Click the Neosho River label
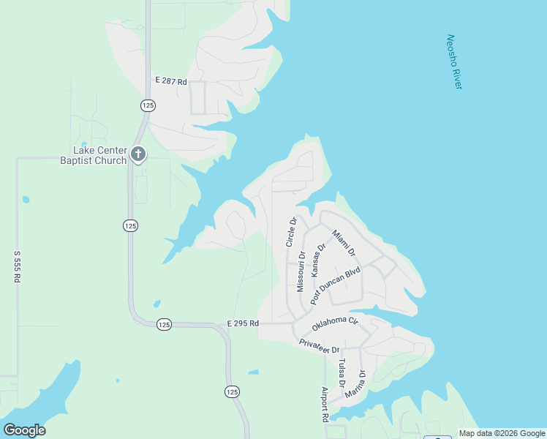pyautogui.click(x=454, y=62)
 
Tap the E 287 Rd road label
pyautogui.click(x=171, y=79)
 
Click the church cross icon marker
pyautogui.click(x=138, y=154)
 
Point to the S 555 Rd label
pyautogui.click(x=17, y=267)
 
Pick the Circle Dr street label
pyautogui.click(x=292, y=231)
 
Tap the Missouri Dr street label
pyautogui.click(x=300, y=272)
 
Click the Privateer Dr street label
pyautogui.click(x=320, y=346)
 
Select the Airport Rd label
pyautogui.click(x=325, y=405)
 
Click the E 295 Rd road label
pyautogui.click(x=243, y=323)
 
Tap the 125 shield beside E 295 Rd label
pyautogui.click(x=164, y=324)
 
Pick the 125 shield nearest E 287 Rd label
pyautogui.click(x=148, y=105)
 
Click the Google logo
pyautogui.click(x=24, y=430)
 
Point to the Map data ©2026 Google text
pyautogui.click(x=502, y=433)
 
